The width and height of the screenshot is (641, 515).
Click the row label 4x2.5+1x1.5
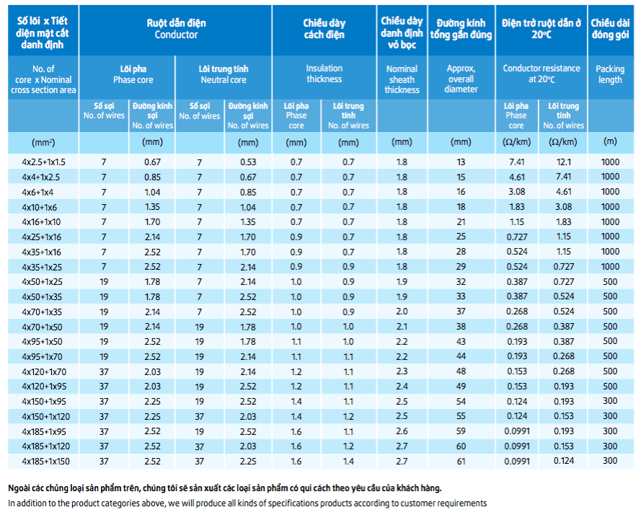coord(43,162)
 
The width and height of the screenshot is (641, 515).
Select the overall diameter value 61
coord(461,462)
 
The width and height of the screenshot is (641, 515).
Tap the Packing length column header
coord(610,74)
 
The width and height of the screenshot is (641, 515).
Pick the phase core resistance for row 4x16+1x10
coord(517,221)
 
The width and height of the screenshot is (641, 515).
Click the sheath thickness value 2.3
coord(402,371)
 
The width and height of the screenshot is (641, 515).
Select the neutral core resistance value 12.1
coord(563,162)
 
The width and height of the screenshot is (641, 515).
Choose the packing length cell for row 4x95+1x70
coord(610,356)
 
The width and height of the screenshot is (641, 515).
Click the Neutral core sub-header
coord(224,74)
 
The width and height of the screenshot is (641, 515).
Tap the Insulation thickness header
coord(324,74)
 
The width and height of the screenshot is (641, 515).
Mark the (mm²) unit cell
coord(43,142)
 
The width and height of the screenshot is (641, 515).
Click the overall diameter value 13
coord(461,162)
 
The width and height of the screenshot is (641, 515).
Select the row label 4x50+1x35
coord(42,297)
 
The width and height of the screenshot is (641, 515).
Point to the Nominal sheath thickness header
coord(402,79)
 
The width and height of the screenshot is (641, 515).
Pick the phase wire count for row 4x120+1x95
coord(104,387)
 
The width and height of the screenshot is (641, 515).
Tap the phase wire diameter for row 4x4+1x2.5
coord(152,177)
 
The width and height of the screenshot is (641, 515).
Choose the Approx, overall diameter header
coord(461,79)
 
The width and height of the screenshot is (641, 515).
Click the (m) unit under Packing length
coord(610,141)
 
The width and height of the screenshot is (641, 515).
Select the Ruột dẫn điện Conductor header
coord(176,29)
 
